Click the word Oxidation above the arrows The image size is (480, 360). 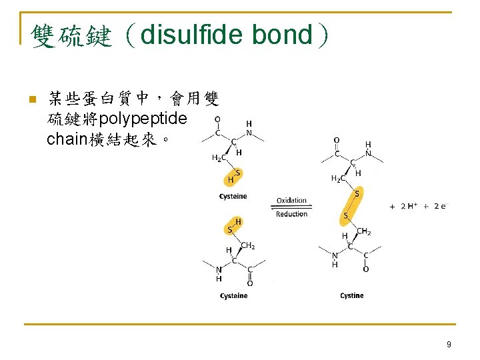coord(292,200)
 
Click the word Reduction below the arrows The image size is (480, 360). coord(292,214)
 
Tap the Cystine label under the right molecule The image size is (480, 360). coord(351,295)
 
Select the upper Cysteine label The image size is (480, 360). coord(233,196)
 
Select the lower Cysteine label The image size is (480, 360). coord(233,295)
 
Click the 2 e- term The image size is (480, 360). coord(440,207)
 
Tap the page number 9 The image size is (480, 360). coord(449,344)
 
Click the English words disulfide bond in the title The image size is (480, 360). coord(227,35)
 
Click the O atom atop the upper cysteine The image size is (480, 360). coord(217,121)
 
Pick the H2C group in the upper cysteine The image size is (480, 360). coord(218,158)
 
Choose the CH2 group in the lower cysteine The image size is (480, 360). coord(247,246)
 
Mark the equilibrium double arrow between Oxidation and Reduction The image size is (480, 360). coord(292,207)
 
